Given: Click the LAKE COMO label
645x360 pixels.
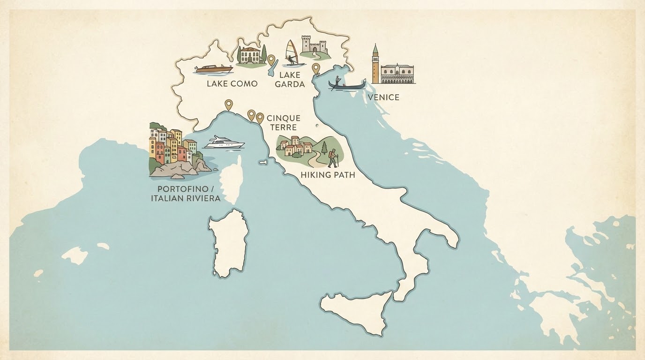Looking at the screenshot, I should tap(232, 84).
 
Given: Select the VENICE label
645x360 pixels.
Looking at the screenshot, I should tap(383, 97).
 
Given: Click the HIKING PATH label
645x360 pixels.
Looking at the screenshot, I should tap(328, 175).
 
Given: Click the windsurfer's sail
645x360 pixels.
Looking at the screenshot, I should tap(292, 49).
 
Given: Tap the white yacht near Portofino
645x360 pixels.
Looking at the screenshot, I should tap(225, 142).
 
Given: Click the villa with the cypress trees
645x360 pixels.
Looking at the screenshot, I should tap(251, 55).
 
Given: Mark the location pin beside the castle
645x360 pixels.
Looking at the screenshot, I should tap(316, 69).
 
